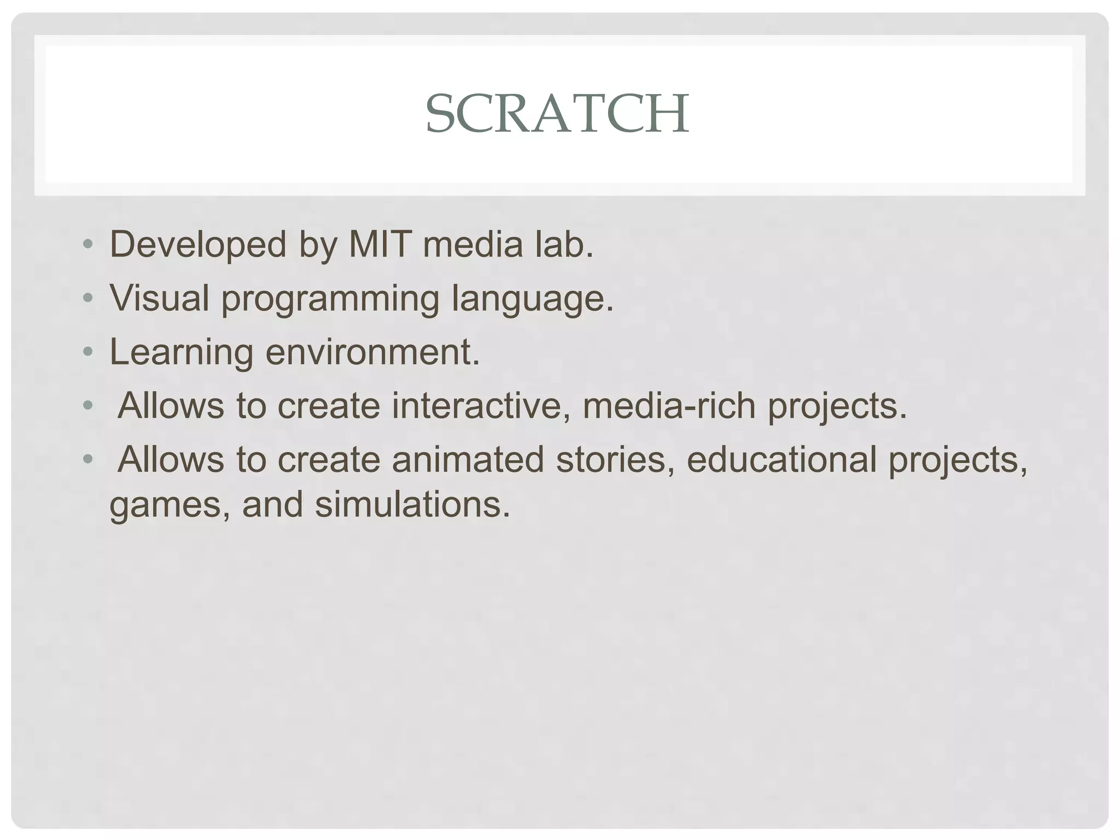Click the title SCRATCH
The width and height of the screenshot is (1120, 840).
point(557,114)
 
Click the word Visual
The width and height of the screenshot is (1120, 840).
point(160,298)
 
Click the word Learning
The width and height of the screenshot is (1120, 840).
point(182,352)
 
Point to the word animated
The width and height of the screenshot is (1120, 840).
point(468,459)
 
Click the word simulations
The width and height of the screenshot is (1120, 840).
point(412,504)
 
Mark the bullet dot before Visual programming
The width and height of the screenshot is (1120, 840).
point(87,298)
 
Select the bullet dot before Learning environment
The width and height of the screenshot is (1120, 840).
point(87,352)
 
